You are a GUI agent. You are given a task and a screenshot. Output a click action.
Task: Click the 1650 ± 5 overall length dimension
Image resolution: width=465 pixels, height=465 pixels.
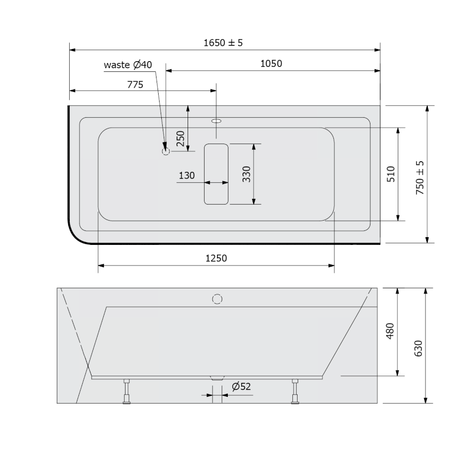pos(223,43)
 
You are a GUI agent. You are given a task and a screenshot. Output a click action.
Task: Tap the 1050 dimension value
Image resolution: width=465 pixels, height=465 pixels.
pos(271,64)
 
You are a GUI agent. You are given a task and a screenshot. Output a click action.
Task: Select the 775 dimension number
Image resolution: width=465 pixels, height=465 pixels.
pos(135,85)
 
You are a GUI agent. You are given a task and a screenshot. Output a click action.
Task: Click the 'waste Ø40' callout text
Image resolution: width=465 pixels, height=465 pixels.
pos(128,65)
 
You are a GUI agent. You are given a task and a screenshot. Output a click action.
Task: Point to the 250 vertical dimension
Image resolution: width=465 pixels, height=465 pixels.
pos(180,138)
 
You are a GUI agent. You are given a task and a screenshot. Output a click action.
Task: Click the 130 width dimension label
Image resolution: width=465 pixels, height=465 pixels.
pos(187,175)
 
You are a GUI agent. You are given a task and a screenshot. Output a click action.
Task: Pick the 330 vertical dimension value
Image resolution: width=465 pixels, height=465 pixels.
pos(246,174)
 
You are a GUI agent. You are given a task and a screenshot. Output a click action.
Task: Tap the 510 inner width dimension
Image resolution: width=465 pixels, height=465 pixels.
pos(391,174)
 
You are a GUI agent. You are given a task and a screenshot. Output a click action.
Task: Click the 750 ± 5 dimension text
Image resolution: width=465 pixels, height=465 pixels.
pos(420,177)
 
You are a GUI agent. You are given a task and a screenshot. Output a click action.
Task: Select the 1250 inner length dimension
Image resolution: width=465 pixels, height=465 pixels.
pos(216,258)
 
